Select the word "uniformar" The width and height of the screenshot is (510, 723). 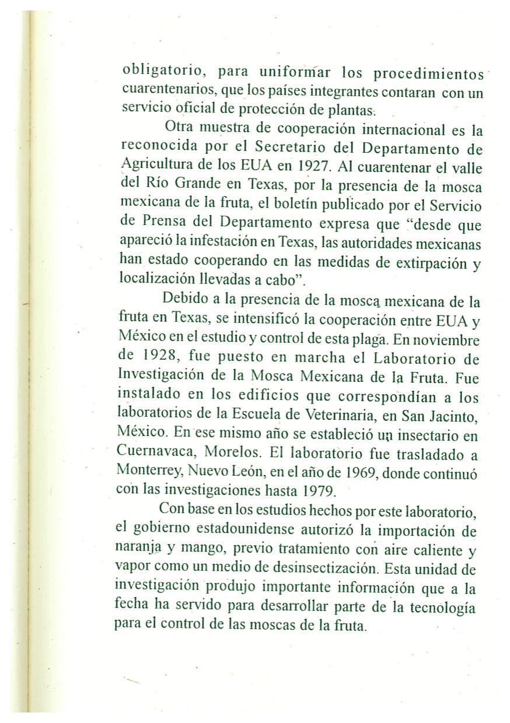295,73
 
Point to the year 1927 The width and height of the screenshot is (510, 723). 315,165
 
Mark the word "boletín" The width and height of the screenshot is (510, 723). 274,205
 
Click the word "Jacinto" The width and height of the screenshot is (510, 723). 456,416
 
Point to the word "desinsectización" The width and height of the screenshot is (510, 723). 320,568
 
